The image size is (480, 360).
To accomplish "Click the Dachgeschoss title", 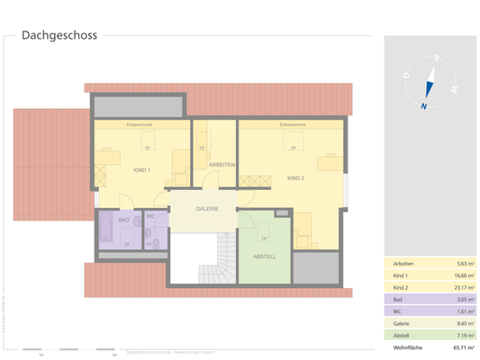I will point(60,37).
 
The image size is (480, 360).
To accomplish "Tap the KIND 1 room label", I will point(141,170).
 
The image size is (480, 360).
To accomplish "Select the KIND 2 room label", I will point(295,178).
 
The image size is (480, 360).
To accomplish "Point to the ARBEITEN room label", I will point(222,165).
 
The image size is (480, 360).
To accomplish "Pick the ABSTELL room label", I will point(265,256).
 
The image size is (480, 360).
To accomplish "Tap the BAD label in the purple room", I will point(124,220).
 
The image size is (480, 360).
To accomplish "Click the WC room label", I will point(151,217).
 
